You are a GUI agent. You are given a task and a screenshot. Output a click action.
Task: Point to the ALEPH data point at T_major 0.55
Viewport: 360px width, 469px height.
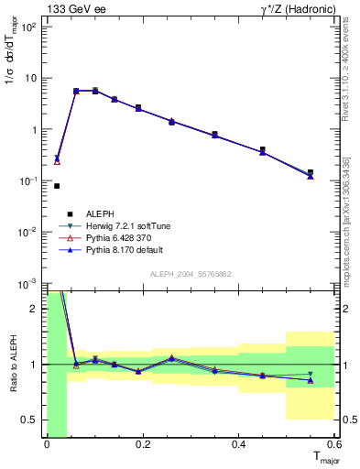[x=311, y=172]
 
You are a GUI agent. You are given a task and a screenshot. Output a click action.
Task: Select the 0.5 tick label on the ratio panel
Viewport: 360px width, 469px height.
[x=29, y=420]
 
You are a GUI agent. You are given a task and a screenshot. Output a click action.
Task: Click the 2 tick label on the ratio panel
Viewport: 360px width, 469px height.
[x=34, y=309]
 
